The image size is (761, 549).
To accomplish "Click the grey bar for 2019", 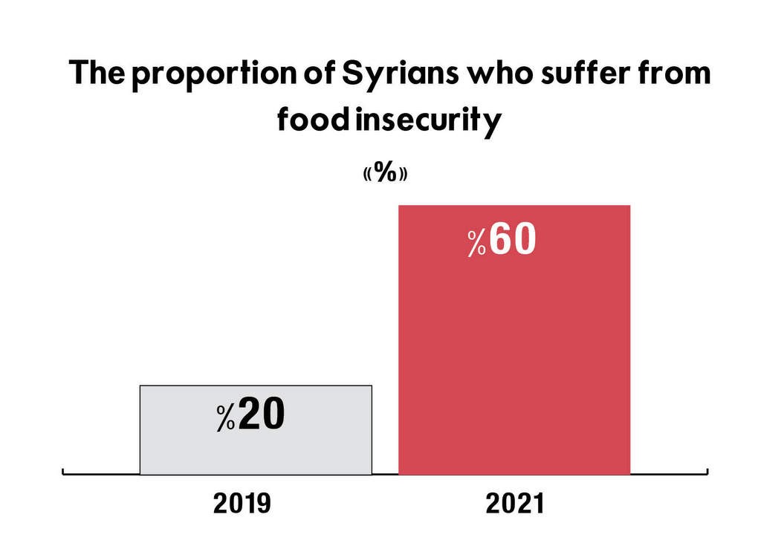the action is [x=256, y=429].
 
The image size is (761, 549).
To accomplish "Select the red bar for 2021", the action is [x=514, y=340].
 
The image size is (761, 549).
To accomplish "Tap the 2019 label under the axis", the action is [x=242, y=504].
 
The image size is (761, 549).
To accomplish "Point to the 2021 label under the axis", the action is [x=515, y=504].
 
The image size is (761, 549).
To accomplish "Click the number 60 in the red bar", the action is [x=513, y=239].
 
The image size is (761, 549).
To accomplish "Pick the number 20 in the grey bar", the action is [x=262, y=415].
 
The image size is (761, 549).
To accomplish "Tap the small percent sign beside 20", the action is [x=226, y=418].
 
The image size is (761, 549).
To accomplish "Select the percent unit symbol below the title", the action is [x=386, y=172].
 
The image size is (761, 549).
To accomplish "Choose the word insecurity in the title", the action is [x=428, y=121].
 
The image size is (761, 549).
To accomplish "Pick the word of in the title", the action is [x=320, y=73].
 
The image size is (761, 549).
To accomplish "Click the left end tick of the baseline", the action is [x=63, y=472].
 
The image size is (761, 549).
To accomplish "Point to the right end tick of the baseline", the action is [x=707, y=472].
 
